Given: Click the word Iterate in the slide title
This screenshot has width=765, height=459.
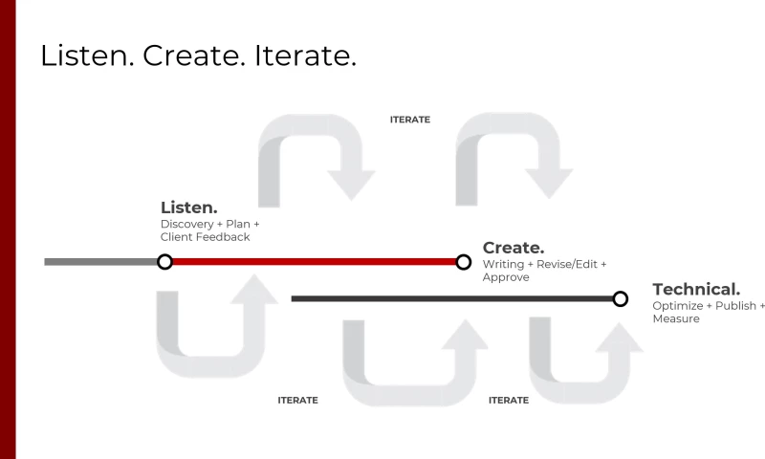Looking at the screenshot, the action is pyautogui.click(x=305, y=55).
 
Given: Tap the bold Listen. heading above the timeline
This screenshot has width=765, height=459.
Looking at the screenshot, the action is pyautogui.click(x=188, y=208).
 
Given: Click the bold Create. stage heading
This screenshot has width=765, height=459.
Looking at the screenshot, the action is pyautogui.click(x=514, y=248).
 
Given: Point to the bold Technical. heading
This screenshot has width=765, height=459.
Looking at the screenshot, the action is pyautogui.click(x=696, y=289).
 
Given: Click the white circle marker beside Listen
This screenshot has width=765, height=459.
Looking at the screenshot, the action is pyautogui.click(x=164, y=262).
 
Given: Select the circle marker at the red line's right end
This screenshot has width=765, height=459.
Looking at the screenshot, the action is pyautogui.click(x=464, y=262).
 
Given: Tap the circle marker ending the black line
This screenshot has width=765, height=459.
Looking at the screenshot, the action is pyautogui.click(x=620, y=298).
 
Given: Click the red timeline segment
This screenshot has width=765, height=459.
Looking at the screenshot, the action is pyautogui.click(x=315, y=262).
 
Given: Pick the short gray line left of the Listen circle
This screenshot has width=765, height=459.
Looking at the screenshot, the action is pyautogui.click(x=100, y=262).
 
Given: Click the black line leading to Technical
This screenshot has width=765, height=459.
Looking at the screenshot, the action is pyautogui.click(x=451, y=298).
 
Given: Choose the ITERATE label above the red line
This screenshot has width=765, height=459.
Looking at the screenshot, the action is pyautogui.click(x=410, y=120).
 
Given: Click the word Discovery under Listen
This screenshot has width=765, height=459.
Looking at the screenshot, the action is pyautogui.click(x=187, y=225).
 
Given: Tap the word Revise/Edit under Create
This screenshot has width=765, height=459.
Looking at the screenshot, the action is pyautogui.click(x=567, y=264).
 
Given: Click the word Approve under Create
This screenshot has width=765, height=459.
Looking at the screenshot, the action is pyautogui.click(x=506, y=277).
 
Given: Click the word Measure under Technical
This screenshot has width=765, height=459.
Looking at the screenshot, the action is pyautogui.click(x=676, y=318).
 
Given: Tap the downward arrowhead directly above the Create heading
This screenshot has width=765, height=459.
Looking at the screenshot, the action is pyautogui.click(x=549, y=184).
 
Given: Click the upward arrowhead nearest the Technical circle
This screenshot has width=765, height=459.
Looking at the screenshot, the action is pyautogui.click(x=619, y=337).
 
